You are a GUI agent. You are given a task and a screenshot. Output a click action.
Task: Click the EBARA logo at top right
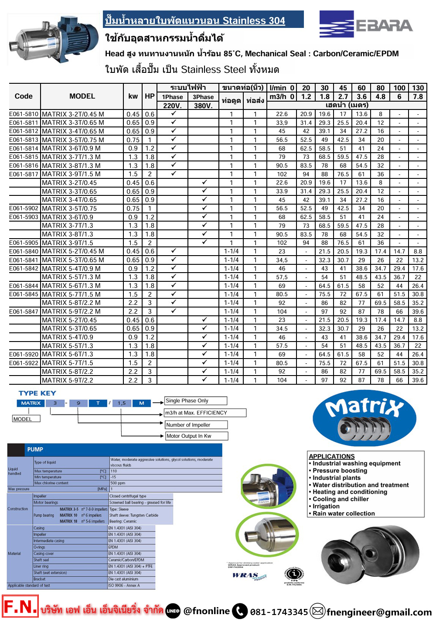[x=366, y=25]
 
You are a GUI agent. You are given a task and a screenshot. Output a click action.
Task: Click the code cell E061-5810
[x=24, y=114]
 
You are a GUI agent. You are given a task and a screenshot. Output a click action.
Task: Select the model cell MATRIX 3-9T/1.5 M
[x=73, y=174]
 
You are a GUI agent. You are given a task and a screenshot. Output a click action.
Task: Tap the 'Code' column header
[x=24, y=96]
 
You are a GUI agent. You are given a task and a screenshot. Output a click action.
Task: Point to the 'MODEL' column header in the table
[x=82, y=96]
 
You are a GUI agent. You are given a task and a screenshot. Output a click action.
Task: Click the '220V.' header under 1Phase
[x=172, y=106]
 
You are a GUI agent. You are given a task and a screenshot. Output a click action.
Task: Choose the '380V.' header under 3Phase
[x=203, y=106]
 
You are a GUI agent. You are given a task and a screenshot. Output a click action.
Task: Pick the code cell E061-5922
[x=24, y=363]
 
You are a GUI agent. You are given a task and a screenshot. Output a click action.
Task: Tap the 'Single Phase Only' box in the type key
[x=195, y=401]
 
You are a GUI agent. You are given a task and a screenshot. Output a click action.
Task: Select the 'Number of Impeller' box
[x=196, y=425]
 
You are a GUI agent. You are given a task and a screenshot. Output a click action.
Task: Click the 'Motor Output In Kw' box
[x=196, y=436]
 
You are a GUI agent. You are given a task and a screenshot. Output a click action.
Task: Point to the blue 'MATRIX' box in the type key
[x=31, y=403]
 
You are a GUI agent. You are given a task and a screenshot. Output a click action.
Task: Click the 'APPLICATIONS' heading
[x=332, y=456]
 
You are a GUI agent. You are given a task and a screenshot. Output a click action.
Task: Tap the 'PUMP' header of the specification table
[x=35, y=449]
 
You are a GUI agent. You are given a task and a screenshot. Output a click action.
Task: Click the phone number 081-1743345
[x=279, y=612]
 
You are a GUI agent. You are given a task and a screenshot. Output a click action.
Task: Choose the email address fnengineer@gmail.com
[x=379, y=612]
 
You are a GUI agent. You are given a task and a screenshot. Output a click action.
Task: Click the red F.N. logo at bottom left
[x=20, y=607]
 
